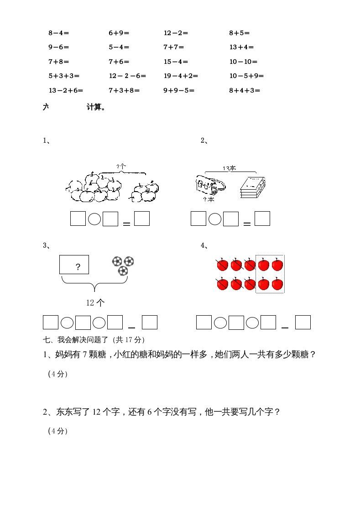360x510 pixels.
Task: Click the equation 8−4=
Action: pos(58,33)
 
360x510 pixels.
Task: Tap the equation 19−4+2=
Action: pos(181,76)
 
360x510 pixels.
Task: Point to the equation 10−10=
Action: pos(243,62)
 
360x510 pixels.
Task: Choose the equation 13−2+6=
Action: pos(66,90)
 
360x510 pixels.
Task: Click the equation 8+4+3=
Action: pos(244,90)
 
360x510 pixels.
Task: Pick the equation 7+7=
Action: pos(173,47)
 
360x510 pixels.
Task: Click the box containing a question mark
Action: pos(74,265)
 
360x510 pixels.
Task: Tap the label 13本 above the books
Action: pos(229,168)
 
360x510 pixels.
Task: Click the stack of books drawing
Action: pos(252,187)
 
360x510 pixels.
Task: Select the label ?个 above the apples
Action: pos(121,167)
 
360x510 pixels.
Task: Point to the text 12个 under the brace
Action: pos(95,302)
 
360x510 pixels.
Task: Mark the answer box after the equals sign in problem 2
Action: pos(262,219)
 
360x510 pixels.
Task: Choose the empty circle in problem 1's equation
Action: pos(94,219)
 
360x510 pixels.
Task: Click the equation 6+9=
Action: pos(119,33)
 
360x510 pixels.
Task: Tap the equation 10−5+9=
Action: pos(246,76)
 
